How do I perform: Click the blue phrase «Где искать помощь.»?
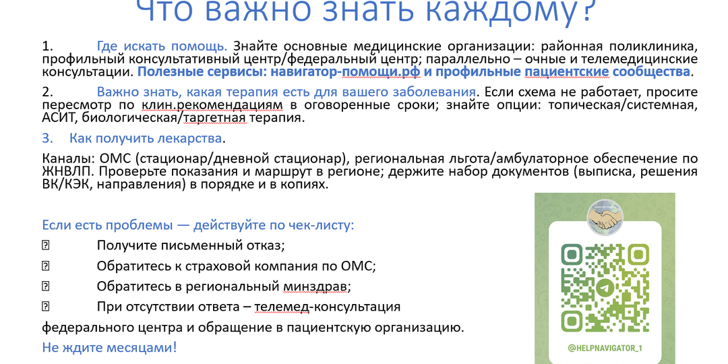pos(162,47)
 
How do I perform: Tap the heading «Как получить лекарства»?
pos(146,138)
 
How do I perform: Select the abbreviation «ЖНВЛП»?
pos(65,171)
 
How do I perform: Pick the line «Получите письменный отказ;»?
pos(191,245)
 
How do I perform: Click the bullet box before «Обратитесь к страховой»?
pos(46,266)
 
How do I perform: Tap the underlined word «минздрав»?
pos(324,286)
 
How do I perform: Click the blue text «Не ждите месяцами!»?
pos(109,348)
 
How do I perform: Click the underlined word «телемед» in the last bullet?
pos(276,307)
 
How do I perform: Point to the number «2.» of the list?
pos(47,92)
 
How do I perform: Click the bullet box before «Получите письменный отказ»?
pos(46,245)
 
